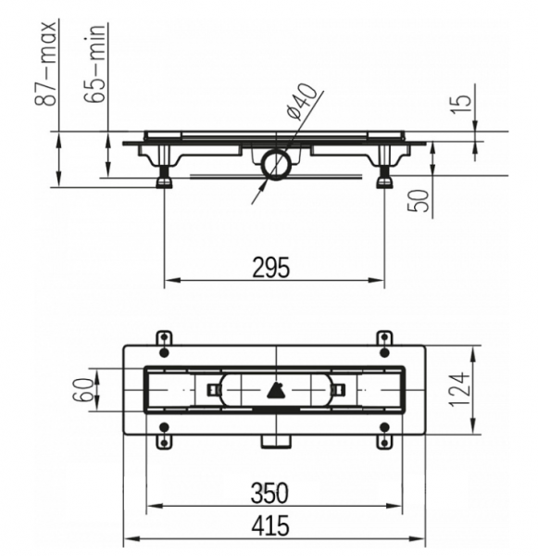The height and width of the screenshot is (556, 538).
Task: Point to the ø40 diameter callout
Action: click(304, 100)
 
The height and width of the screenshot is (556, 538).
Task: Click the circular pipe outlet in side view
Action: click(276, 165)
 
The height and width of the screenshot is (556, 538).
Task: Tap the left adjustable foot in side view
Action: click(166, 176)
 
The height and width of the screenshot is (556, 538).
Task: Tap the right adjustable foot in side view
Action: click(383, 176)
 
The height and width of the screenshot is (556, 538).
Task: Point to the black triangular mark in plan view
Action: click(274, 390)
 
